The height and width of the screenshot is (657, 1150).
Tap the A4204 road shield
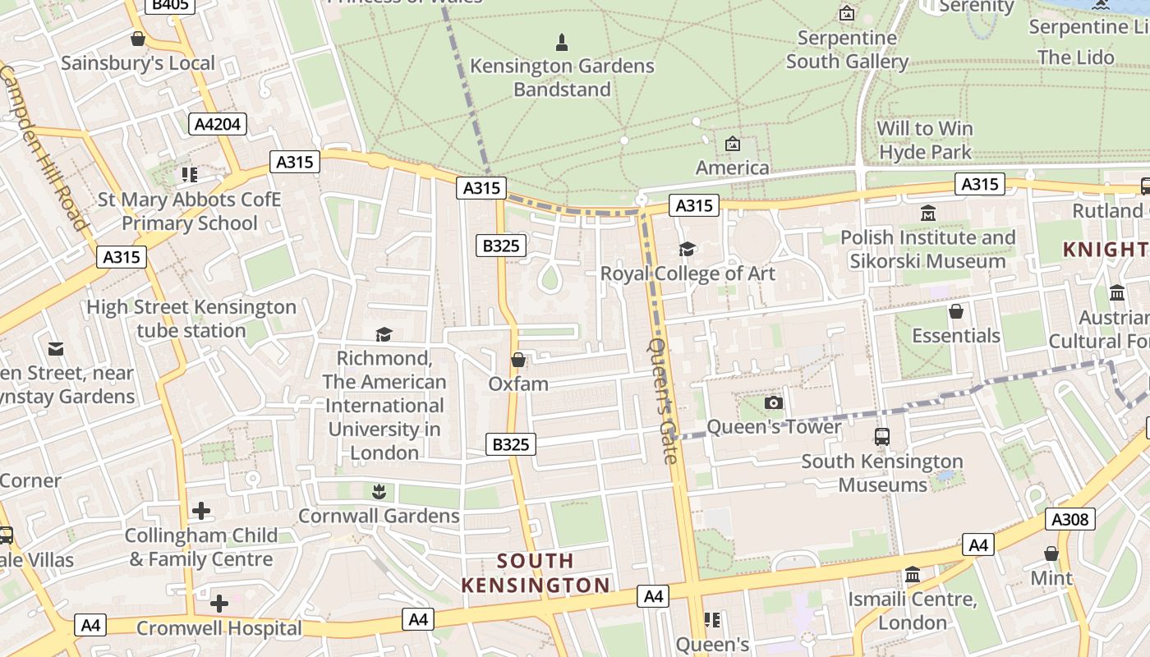218,124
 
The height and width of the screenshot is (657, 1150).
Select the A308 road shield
1069,519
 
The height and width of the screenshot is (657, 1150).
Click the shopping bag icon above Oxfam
518,360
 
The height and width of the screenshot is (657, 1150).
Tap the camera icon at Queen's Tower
773,402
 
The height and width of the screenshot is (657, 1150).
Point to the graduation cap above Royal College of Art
687,249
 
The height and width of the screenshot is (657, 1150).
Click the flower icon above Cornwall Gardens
378,492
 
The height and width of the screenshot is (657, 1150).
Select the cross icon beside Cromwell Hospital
218,604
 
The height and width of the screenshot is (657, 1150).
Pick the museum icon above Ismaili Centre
912,575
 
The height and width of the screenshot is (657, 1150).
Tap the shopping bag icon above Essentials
955,312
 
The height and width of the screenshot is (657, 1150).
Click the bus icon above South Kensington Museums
882,437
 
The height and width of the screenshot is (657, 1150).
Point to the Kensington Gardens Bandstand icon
562,42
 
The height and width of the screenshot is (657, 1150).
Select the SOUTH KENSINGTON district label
536,573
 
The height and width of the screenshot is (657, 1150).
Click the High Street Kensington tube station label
191,319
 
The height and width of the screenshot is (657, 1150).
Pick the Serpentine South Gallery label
847,50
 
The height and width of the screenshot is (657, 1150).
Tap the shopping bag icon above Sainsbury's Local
138,39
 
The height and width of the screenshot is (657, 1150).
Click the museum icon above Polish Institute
928,214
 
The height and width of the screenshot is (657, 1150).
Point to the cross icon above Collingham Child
201,511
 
